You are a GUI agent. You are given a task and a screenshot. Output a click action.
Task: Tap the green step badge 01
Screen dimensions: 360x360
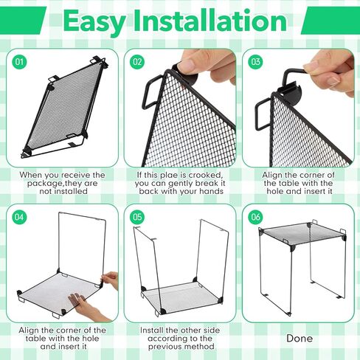(x=20, y=62)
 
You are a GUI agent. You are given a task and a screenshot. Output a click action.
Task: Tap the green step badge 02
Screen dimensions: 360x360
(x=138, y=62)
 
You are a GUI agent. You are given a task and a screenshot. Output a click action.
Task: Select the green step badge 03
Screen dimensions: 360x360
(x=256, y=62)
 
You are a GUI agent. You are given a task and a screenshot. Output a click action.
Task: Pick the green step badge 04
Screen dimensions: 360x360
(x=20, y=218)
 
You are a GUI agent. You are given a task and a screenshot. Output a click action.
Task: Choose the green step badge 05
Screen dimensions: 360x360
(x=138, y=218)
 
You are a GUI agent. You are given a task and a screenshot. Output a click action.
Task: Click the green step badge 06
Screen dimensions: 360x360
(x=256, y=218)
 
